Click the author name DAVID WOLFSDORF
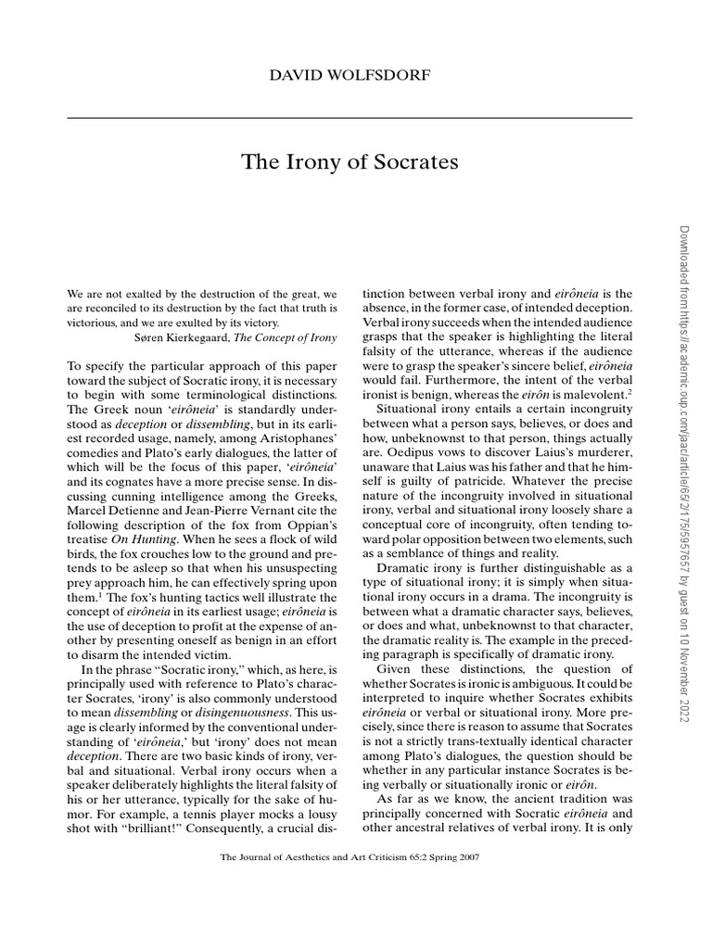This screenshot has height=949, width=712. pos(350,75)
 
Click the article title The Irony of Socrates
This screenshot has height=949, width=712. pos(350,162)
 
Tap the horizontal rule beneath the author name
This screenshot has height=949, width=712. pos(350,118)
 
